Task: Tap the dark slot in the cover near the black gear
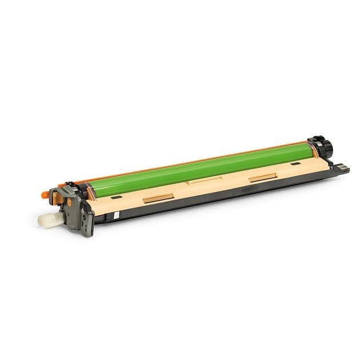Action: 294,164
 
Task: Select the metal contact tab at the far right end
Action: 342,168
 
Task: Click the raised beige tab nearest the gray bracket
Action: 158,199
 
